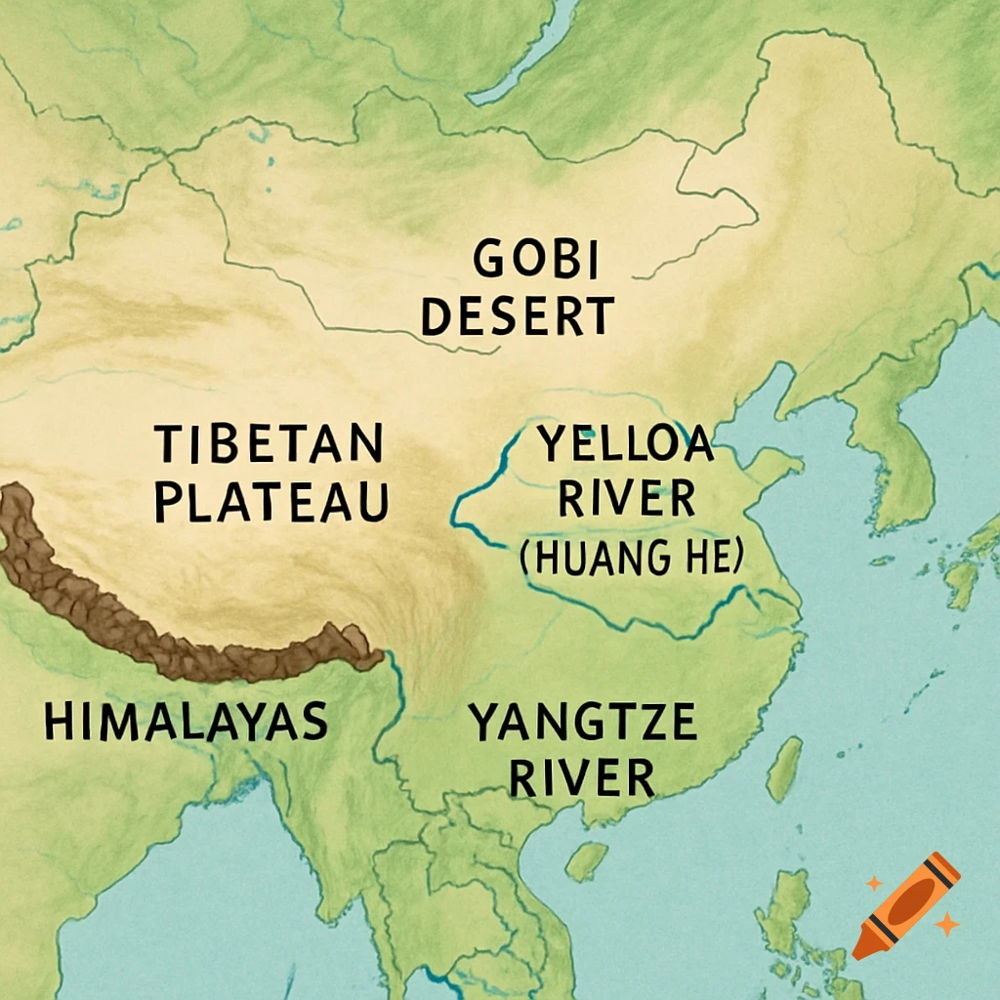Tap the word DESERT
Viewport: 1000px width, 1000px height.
point(518,317)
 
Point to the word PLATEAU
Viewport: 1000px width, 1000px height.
point(272,502)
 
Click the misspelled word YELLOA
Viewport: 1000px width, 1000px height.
point(626,446)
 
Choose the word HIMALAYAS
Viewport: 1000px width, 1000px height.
point(186,722)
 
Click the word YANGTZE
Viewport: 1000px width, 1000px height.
point(583,724)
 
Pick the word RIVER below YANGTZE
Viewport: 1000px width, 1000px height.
point(582,778)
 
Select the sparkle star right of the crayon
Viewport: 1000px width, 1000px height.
point(944,923)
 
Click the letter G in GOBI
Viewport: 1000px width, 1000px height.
point(489,261)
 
